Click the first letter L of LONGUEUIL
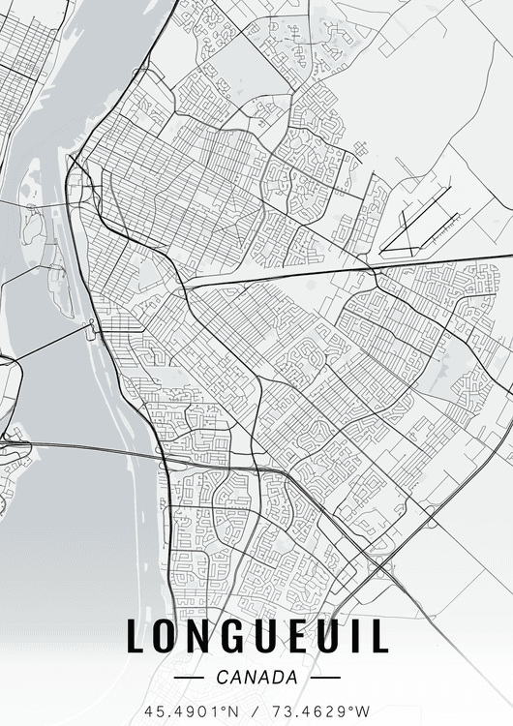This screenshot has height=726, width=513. coord(136,636)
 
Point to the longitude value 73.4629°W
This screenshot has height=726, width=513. coord(324,711)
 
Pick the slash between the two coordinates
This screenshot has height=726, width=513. coord(257,711)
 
